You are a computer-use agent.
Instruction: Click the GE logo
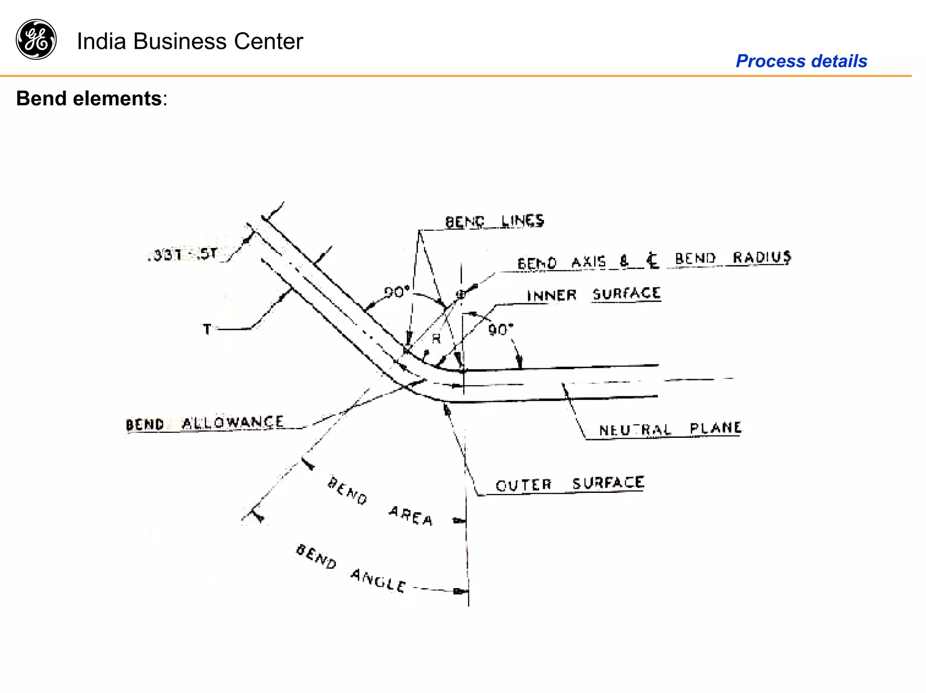(36, 39)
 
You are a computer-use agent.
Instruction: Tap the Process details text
(801, 61)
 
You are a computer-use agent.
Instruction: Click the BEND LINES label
(494, 221)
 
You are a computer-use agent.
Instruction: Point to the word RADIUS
(761, 258)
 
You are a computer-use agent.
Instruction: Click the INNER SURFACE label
(593, 295)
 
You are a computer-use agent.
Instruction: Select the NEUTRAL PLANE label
(670, 429)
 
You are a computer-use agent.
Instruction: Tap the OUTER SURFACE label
(569, 484)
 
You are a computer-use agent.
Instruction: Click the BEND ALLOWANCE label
(205, 424)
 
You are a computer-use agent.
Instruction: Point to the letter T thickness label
(207, 329)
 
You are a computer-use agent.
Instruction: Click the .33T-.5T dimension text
(183, 255)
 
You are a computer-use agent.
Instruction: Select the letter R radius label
(436, 338)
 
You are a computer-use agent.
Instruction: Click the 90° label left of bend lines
(397, 292)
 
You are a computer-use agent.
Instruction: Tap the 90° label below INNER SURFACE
(501, 330)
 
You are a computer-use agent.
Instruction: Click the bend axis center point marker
(461, 294)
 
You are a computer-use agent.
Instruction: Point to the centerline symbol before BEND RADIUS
(652, 260)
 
